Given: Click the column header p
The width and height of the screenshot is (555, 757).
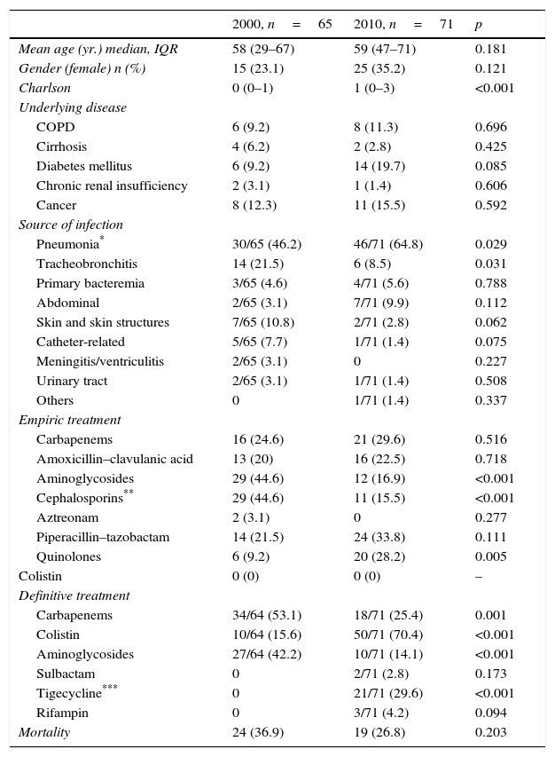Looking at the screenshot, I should click(479, 25).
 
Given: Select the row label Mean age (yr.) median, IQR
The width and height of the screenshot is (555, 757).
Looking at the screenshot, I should click(98, 49).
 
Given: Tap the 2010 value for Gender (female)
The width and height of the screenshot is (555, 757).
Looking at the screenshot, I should click(379, 68).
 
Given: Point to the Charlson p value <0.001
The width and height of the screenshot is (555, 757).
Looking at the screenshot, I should click(495, 88).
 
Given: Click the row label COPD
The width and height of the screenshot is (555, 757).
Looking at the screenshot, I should click(55, 127).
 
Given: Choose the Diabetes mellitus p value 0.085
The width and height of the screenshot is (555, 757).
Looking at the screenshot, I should click(490, 166).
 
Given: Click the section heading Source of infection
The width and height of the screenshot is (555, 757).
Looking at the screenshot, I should click(71, 225).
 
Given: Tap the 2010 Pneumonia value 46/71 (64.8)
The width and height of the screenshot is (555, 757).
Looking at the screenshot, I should click(388, 244).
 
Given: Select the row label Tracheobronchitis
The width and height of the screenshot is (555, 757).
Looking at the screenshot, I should click(85, 264).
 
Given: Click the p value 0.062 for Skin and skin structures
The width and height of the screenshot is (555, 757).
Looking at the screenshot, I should click(490, 322).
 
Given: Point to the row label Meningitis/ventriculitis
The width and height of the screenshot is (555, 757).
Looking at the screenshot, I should click(100, 361).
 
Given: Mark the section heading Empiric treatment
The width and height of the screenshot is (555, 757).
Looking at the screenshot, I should click(69, 420).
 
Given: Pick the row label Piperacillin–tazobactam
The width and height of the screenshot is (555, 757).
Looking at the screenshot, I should click(103, 537).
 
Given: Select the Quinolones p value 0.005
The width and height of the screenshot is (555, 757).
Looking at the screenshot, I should click(490, 556).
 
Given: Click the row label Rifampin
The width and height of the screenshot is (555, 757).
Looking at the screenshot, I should click(62, 713).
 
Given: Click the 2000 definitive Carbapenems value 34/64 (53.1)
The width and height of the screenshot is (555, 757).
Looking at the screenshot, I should click(267, 615).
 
